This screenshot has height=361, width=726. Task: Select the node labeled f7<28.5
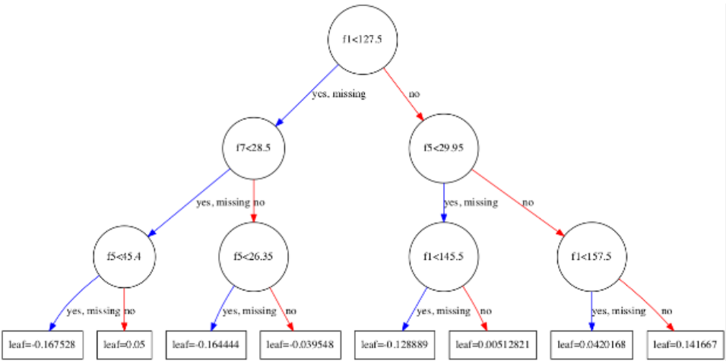(252, 148)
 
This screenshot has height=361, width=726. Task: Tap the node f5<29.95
(442, 148)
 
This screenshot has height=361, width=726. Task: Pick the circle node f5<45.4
(124, 255)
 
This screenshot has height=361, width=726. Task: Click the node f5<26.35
(252, 255)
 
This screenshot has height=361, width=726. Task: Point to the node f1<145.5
(442, 255)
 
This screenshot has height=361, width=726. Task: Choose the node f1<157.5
(591, 255)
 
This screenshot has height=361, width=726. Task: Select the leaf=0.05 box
(124, 344)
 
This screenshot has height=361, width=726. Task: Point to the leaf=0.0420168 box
(591, 344)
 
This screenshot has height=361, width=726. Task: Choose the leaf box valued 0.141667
(681, 344)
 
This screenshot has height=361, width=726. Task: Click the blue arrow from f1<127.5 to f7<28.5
(308, 94)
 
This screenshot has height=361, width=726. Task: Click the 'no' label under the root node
(414, 95)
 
